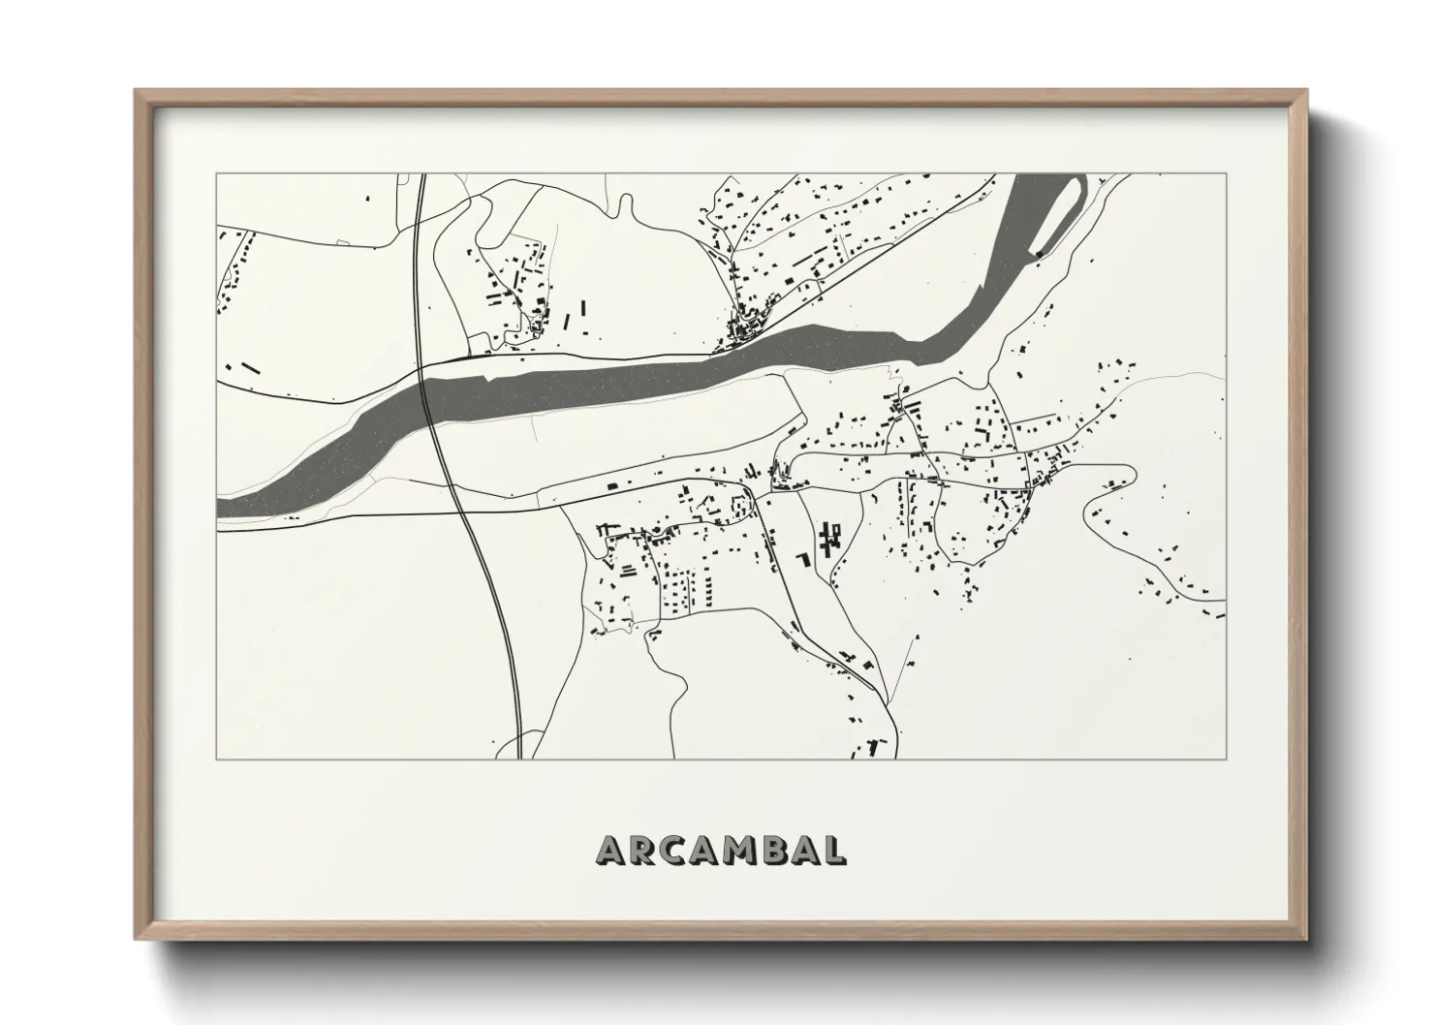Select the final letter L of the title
833,850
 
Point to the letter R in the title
641,850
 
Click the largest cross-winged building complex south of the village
828,537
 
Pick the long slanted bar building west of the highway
251,368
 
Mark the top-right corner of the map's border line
1227,174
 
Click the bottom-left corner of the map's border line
217,759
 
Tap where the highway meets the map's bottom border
519,759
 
